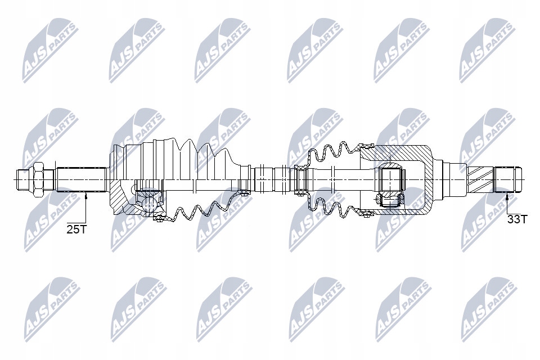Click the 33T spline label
517,219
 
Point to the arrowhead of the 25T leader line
86,195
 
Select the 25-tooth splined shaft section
81,179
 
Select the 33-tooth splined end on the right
508,178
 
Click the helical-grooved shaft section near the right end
480,178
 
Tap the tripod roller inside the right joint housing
391,178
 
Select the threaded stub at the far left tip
22,178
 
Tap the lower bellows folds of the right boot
332,208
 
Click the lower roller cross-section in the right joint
391,199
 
